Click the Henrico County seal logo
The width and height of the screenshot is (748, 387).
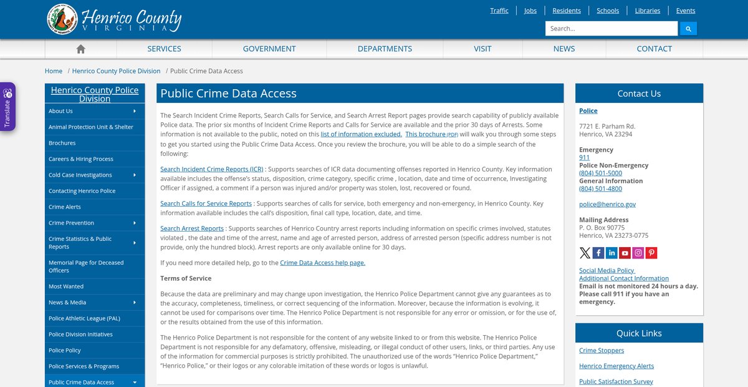(62, 19)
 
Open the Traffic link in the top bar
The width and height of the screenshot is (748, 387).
(499, 11)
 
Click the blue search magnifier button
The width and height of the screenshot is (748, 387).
(688, 29)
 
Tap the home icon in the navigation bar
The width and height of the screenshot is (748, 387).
(80, 49)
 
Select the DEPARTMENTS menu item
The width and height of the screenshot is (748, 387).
(385, 49)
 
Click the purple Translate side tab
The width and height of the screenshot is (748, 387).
(7, 106)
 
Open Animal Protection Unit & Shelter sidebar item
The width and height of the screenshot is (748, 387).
(91, 127)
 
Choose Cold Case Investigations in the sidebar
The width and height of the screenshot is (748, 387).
(80, 175)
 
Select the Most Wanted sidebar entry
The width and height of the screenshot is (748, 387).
(66, 287)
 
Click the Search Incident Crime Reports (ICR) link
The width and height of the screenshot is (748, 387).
(211, 169)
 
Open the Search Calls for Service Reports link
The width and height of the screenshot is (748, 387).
(206, 203)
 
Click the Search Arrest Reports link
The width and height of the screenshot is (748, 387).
(191, 228)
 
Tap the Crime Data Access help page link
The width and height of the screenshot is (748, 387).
(322, 263)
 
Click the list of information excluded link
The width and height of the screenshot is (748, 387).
(361, 134)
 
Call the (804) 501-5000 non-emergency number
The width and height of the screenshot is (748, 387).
(600, 173)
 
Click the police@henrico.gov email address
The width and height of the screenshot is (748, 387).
(607, 204)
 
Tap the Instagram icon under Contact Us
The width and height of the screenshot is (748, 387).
(638, 253)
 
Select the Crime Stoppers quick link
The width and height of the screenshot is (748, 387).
(601, 351)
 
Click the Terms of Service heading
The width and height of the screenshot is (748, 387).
(186, 278)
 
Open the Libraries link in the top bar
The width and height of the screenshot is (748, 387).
(648, 11)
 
